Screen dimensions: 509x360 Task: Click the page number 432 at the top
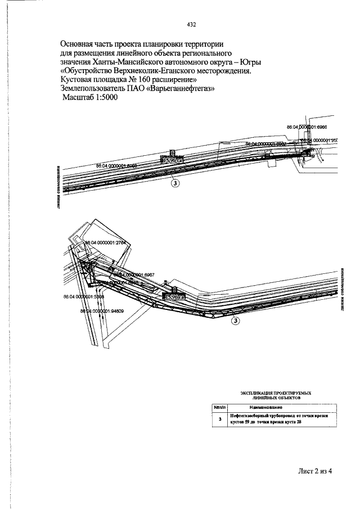click(191, 25)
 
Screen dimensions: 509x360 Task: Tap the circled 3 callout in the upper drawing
click(174, 182)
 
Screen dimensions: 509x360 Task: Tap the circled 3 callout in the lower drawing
click(236, 321)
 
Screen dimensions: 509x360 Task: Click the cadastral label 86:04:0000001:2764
click(107, 243)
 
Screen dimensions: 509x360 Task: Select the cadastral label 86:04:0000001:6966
click(310, 127)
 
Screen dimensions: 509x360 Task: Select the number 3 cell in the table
click(219, 418)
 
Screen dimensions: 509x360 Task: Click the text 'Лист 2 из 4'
click(316, 471)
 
